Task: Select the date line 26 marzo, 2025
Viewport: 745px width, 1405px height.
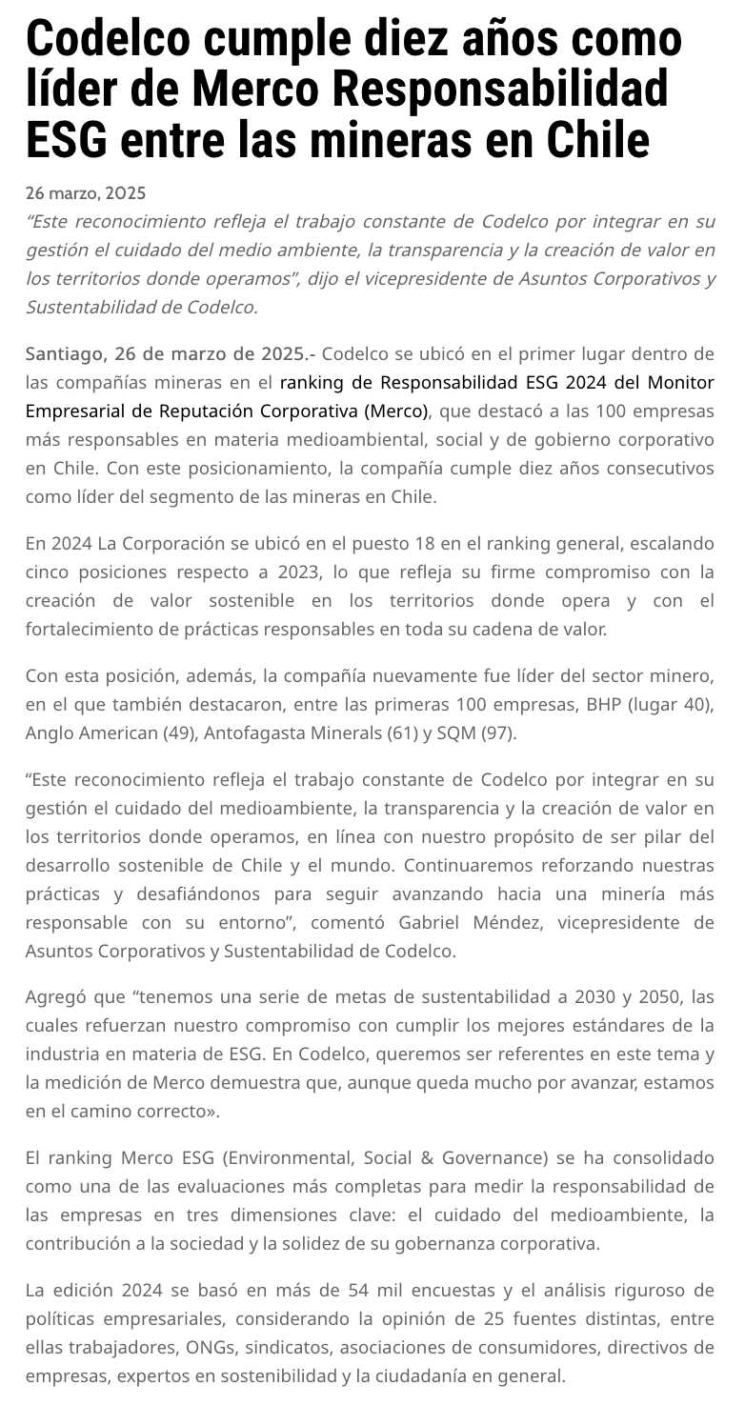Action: [x=86, y=193]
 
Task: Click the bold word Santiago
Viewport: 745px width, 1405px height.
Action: [x=66, y=354]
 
